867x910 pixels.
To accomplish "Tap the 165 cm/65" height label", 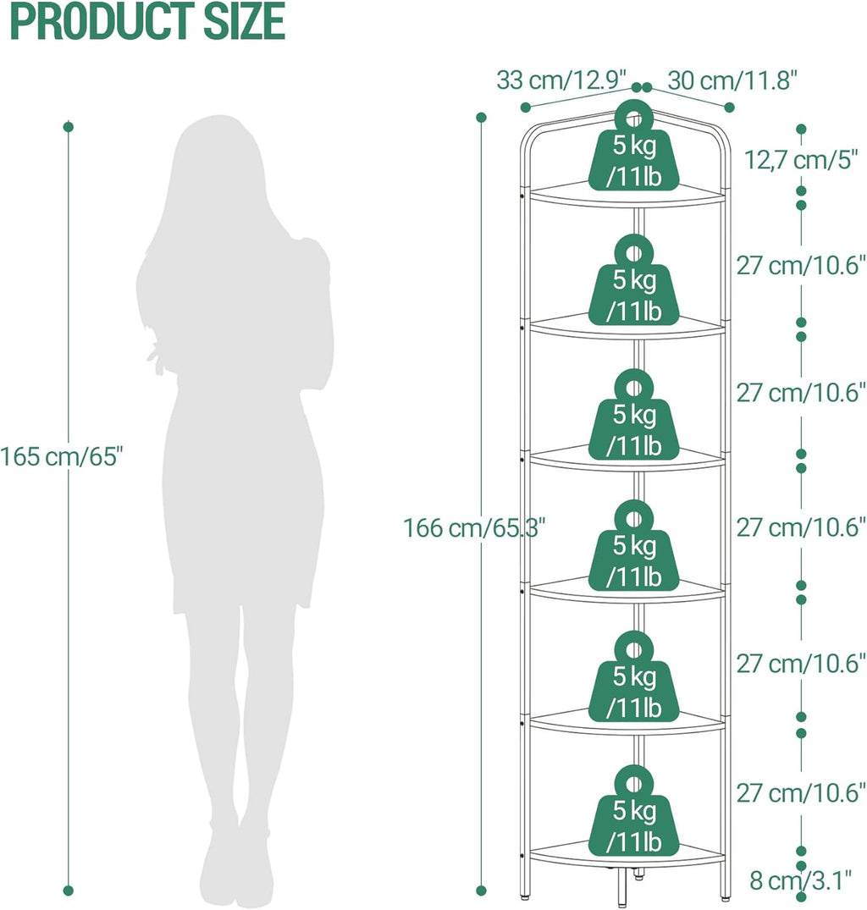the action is tap(62, 457).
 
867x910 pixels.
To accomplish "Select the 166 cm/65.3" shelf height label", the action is tap(474, 528).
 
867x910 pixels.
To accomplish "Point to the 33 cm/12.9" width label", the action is tap(561, 80).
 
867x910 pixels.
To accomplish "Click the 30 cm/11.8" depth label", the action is tap(732, 80).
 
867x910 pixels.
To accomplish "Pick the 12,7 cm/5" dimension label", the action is tap(801, 160).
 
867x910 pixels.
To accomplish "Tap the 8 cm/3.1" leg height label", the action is tap(800, 880).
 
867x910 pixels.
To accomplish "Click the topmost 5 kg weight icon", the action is tap(633, 146).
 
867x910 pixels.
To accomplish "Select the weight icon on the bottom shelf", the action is tap(633, 810).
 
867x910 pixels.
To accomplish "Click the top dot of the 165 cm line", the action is tap(69, 126).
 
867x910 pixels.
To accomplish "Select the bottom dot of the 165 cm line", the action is tap(69, 891).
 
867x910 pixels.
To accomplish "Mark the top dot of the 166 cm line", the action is tap(481, 117).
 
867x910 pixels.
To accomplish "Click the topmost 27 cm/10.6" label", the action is tap(801, 265).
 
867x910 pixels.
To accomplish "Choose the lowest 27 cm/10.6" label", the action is tap(801, 793).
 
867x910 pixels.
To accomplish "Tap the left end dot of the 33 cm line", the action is tap(526, 107).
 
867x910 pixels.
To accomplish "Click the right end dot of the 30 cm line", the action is tap(730, 108).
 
